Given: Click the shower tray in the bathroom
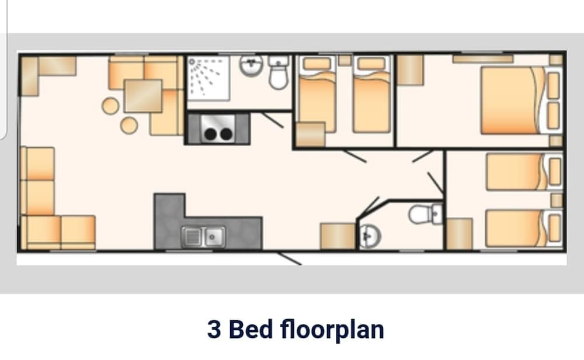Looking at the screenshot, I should click(x=208, y=82).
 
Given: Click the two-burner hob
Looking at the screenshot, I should click(x=217, y=130).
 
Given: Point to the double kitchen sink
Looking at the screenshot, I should click(x=204, y=236).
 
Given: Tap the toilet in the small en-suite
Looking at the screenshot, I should click(x=422, y=213).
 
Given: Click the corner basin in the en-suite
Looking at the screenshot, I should click(x=369, y=235).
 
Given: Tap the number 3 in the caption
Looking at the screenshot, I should click(x=214, y=329).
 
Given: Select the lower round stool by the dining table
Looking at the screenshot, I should click(x=129, y=124).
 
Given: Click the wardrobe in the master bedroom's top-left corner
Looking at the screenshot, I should click(x=410, y=70).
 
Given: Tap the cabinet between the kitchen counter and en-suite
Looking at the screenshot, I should click(x=338, y=236).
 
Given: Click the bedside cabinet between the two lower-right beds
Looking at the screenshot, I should click(x=557, y=200).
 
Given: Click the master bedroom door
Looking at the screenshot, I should click(x=422, y=155).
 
